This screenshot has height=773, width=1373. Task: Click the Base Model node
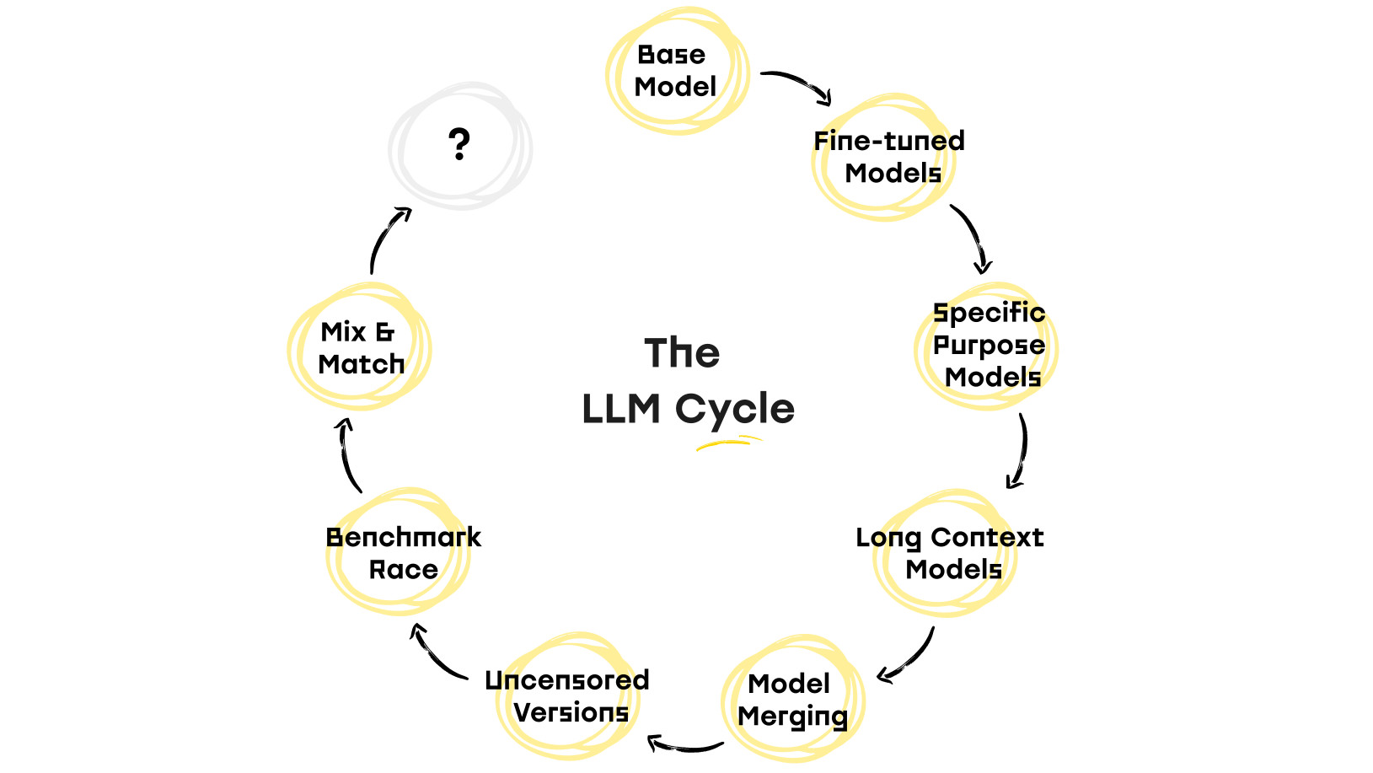[x=677, y=71]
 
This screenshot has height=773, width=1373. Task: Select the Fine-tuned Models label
[x=888, y=157]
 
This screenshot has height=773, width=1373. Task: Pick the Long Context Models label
[x=949, y=553]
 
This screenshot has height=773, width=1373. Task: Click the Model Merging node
[x=792, y=699]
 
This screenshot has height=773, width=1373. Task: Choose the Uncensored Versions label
[x=567, y=696]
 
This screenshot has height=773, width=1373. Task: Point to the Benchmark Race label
[x=404, y=553]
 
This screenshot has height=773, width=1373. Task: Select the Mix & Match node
[x=360, y=346]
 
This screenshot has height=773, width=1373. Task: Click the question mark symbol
[x=459, y=144]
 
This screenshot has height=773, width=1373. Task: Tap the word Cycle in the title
[x=735, y=410]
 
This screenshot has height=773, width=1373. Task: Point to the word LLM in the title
[x=621, y=409]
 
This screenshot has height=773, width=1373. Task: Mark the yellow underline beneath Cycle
[x=729, y=442]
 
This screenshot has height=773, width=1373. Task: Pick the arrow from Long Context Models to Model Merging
[x=911, y=660]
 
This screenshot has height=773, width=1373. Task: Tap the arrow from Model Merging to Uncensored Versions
[x=685, y=747]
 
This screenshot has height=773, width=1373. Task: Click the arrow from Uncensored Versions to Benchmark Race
[x=434, y=657]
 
